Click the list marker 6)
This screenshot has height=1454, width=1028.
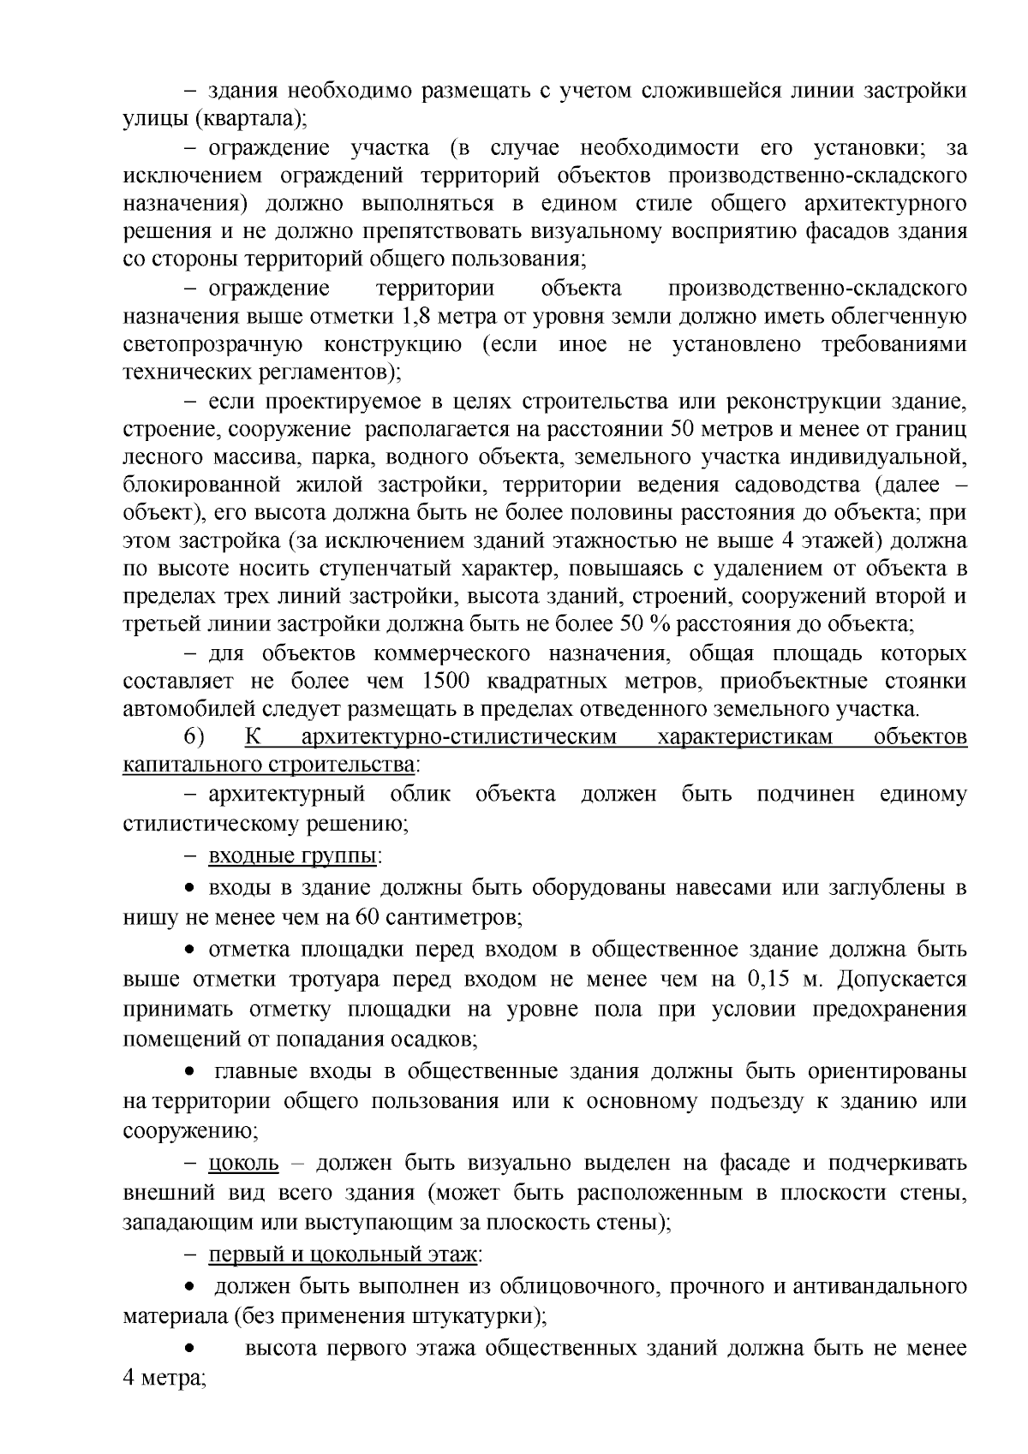[x=194, y=736]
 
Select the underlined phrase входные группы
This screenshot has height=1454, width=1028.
[x=293, y=856]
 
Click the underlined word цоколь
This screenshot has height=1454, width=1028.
[x=244, y=1163]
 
